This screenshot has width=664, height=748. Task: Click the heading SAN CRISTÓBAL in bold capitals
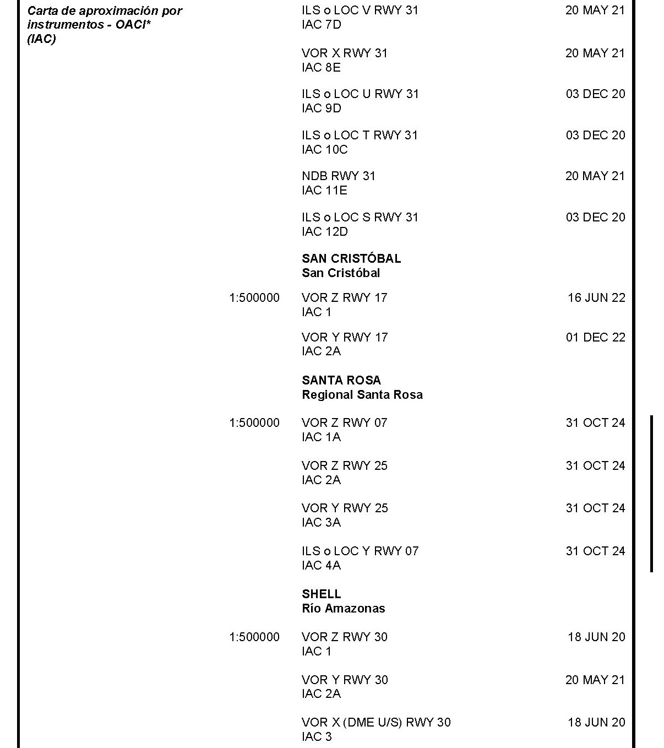[x=351, y=258]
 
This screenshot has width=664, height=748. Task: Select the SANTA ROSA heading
[x=341, y=380]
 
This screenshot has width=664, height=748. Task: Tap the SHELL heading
[x=321, y=594]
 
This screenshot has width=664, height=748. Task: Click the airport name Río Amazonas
[x=343, y=608]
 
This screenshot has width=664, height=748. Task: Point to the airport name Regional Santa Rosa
[x=362, y=394]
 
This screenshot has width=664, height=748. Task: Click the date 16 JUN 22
[x=596, y=297]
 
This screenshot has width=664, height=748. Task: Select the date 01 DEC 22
[x=595, y=337]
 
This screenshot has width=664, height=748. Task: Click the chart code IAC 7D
[x=321, y=24]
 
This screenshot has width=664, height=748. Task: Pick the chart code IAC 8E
[x=321, y=67]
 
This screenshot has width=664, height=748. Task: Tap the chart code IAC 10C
[x=324, y=149]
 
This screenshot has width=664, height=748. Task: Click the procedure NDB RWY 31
[x=338, y=176]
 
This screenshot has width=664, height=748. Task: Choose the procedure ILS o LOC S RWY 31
[x=360, y=217]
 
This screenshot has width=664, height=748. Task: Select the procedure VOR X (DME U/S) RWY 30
[x=375, y=722]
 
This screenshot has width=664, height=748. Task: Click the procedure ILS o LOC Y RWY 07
[x=360, y=551]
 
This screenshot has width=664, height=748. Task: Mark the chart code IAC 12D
[x=324, y=231]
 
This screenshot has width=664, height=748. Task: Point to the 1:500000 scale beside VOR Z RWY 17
[x=254, y=297]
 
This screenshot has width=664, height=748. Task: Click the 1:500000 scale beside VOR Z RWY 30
[x=254, y=637]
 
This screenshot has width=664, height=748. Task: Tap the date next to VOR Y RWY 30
[x=595, y=680]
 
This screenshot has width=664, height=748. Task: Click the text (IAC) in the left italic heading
[x=41, y=39]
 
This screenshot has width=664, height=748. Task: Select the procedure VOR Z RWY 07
[x=344, y=422]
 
